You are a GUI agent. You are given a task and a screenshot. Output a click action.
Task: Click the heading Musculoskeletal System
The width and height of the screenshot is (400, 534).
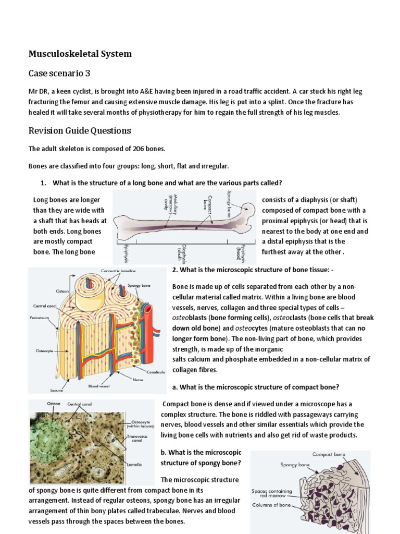[x=80, y=54]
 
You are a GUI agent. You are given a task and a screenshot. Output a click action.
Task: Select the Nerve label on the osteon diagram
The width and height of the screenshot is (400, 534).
[x=139, y=380]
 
